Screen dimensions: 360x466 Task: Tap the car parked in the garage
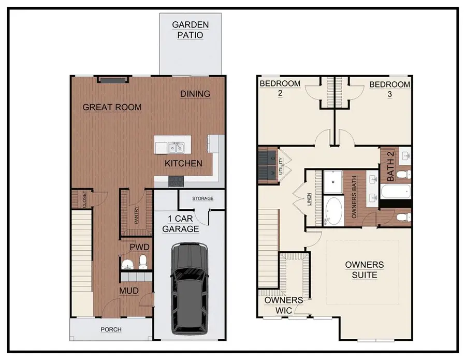click(x=189, y=287)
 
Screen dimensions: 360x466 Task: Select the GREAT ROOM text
click(x=112, y=107)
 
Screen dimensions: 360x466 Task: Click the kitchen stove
click(x=176, y=181)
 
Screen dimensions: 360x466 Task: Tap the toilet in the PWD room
click(x=143, y=262)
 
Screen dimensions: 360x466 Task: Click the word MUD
click(x=129, y=291)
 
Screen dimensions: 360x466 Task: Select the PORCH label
click(x=111, y=329)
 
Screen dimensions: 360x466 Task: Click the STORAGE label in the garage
click(x=202, y=198)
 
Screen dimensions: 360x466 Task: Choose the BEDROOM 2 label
click(x=280, y=88)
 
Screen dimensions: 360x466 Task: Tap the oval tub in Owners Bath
click(x=333, y=211)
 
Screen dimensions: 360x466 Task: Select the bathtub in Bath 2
click(x=396, y=191)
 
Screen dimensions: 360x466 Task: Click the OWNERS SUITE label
click(x=365, y=270)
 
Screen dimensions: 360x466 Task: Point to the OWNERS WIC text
click(x=283, y=305)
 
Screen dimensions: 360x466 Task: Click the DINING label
click(x=195, y=94)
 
